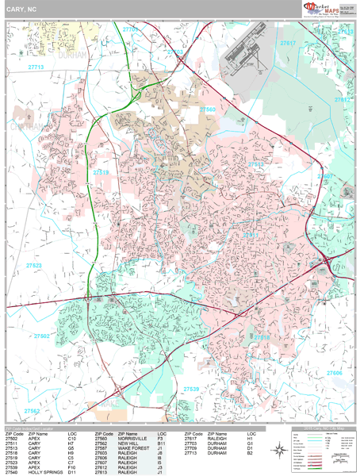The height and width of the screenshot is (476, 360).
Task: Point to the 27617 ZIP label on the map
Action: coord(288,43)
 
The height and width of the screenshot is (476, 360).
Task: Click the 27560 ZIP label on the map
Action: coord(207,109)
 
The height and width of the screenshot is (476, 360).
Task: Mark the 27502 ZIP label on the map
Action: coord(41,336)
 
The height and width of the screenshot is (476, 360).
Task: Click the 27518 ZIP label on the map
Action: coord(262,337)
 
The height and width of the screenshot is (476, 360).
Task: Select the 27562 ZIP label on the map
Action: coord(32,411)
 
